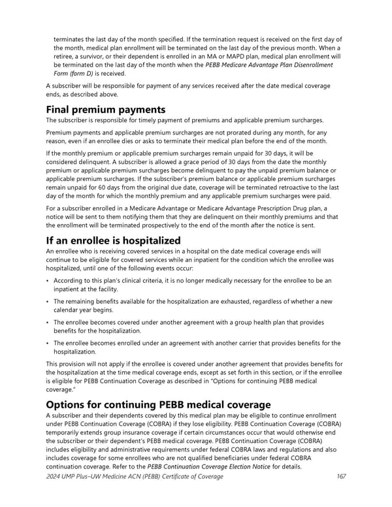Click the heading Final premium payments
tap(105, 110)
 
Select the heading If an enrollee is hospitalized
tap(113, 240)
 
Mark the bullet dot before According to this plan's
tap(48, 281)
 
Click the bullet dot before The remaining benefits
tap(48, 302)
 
